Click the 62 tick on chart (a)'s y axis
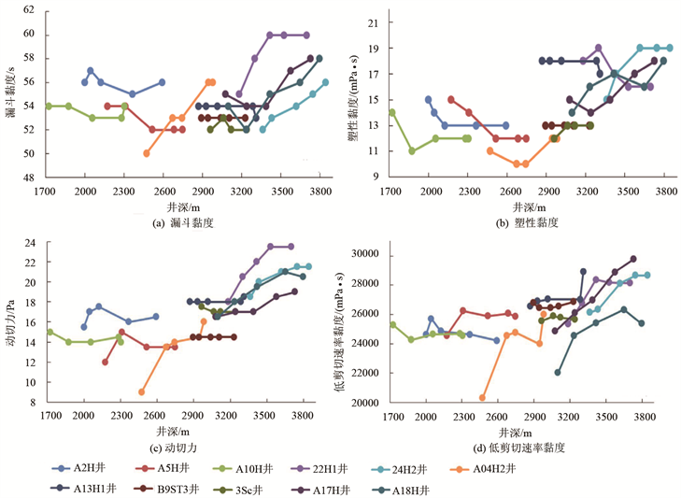click(27, 10)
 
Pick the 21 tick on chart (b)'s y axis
click(372, 21)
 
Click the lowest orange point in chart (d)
click(483, 398)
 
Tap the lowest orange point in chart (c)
click(141, 392)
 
